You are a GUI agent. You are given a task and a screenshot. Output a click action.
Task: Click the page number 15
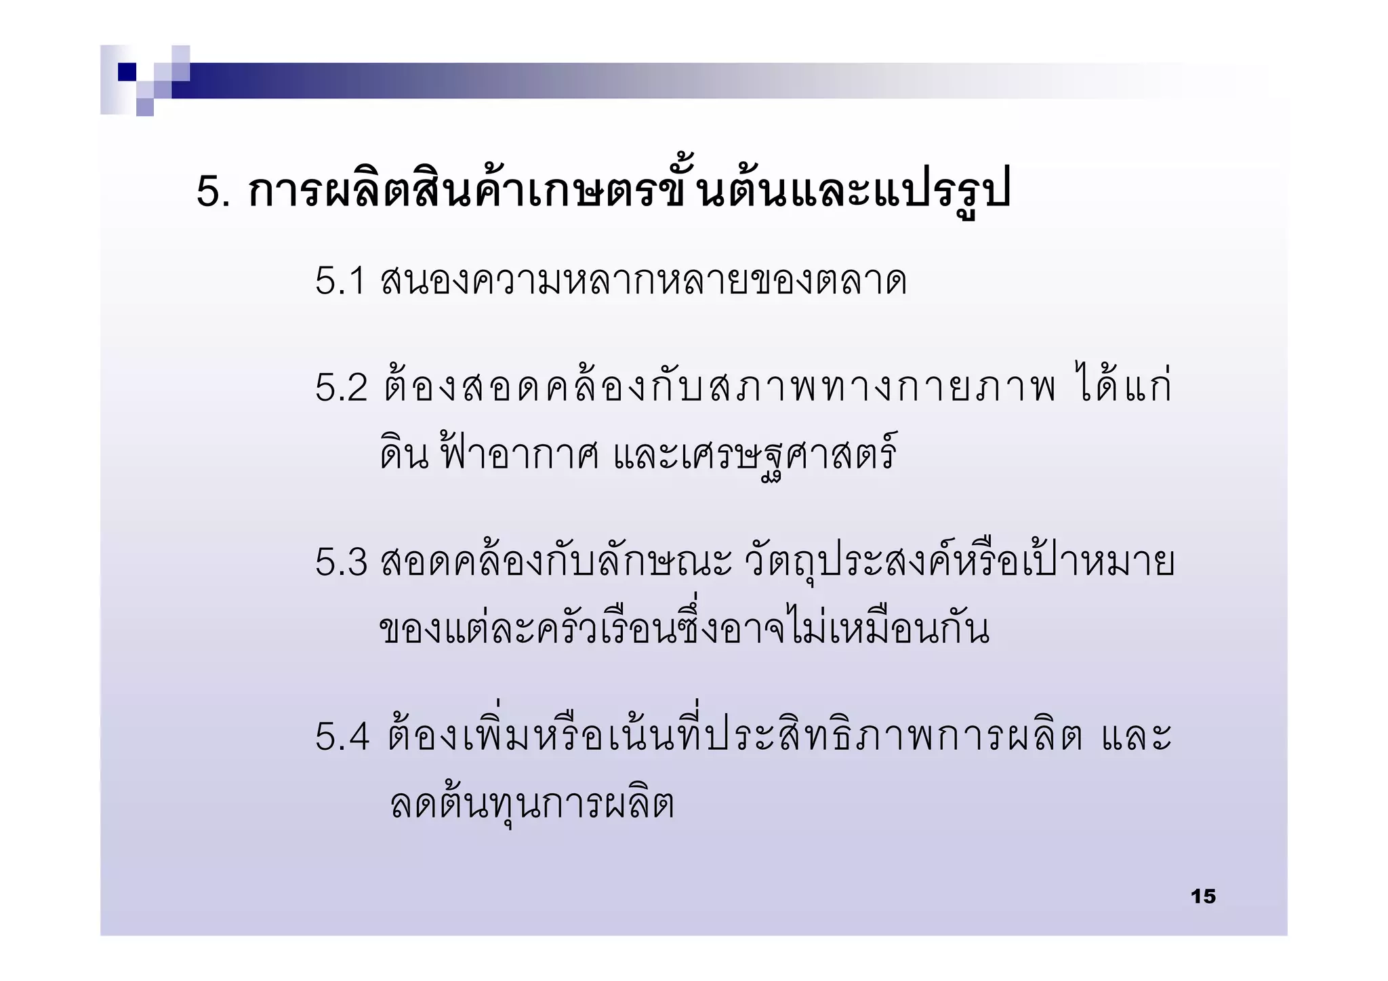[1203, 896]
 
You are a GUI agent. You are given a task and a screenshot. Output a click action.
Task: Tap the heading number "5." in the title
[213, 191]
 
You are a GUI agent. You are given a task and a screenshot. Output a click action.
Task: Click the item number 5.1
[340, 281]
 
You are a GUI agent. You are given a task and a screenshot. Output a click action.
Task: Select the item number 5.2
[341, 388]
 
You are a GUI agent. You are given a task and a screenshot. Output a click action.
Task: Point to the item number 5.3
[341, 563]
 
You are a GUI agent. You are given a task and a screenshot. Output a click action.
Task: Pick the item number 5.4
[342, 736]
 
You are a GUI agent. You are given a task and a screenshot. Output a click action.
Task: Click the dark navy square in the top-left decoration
[127, 72]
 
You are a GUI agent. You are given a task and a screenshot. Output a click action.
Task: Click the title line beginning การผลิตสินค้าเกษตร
[629, 191]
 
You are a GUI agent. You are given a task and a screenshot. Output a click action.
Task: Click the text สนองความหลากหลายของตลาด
[643, 281]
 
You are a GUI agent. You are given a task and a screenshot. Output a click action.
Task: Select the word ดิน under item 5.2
[404, 454]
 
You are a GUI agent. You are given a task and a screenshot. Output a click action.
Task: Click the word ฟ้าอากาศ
[519, 453]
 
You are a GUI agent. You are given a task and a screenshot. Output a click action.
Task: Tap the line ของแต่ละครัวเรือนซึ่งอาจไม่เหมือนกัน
[684, 628]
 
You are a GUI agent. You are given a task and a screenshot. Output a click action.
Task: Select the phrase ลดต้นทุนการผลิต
[532, 805]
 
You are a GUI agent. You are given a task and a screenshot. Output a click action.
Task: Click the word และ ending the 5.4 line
[1137, 736]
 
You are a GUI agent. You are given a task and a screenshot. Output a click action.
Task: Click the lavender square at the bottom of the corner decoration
[145, 107]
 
